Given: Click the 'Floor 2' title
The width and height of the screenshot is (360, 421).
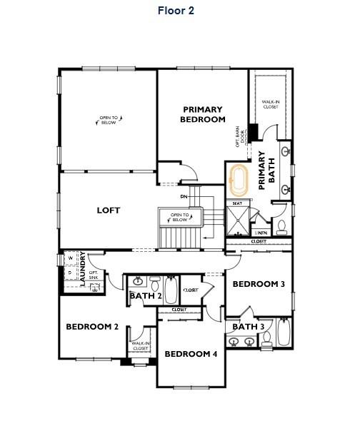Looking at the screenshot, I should [176, 11].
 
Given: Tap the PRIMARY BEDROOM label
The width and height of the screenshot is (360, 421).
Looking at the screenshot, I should [204, 114].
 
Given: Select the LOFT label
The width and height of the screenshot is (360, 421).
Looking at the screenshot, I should [109, 210].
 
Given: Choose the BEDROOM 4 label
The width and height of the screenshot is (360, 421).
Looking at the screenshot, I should [191, 354].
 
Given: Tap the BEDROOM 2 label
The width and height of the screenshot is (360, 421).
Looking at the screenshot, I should [92, 327].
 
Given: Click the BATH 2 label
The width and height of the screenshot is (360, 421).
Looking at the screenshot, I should [145, 296].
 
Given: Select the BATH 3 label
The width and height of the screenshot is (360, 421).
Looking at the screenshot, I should [249, 327].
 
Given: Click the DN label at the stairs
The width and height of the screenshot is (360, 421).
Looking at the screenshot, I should [184, 196].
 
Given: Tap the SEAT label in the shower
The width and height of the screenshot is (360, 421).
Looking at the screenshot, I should [238, 204].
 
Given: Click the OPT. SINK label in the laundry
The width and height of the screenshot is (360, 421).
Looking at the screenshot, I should [93, 274].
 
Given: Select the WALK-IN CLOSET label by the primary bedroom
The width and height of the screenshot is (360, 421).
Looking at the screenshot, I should [270, 104].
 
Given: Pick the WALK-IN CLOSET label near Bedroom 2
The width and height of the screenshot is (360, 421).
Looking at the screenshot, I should [140, 346].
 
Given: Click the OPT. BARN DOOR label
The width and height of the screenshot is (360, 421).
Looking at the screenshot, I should [240, 136].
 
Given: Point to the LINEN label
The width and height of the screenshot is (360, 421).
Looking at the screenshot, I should [261, 233].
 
